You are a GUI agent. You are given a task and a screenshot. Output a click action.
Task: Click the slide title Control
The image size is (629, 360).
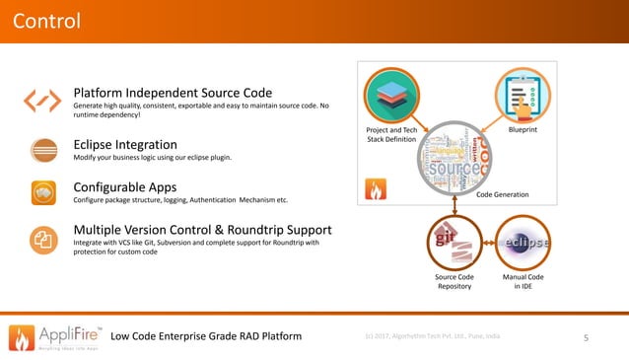point(46,21)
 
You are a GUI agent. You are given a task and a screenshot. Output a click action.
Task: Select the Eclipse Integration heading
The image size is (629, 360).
point(125,144)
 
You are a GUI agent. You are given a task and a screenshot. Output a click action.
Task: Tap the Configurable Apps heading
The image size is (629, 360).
point(125,186)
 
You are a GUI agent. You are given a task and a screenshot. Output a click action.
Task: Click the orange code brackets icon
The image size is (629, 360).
point(41,100)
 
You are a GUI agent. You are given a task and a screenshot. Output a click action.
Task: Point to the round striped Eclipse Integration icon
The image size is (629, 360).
point(41,149)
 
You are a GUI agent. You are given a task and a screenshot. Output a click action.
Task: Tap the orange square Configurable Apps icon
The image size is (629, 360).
point(41,192)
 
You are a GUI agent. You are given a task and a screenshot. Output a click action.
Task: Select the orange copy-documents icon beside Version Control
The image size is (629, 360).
point(41,238)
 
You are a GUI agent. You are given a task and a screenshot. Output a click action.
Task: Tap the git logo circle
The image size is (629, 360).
point(454,243)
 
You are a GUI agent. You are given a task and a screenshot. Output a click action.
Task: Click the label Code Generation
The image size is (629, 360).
point(503,195)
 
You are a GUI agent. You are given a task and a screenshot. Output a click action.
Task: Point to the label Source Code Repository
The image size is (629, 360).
point(454,282)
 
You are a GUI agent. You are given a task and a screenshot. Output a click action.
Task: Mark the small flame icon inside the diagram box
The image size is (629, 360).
point(377,190)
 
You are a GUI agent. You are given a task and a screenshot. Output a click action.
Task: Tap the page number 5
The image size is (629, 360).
point(587,339)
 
